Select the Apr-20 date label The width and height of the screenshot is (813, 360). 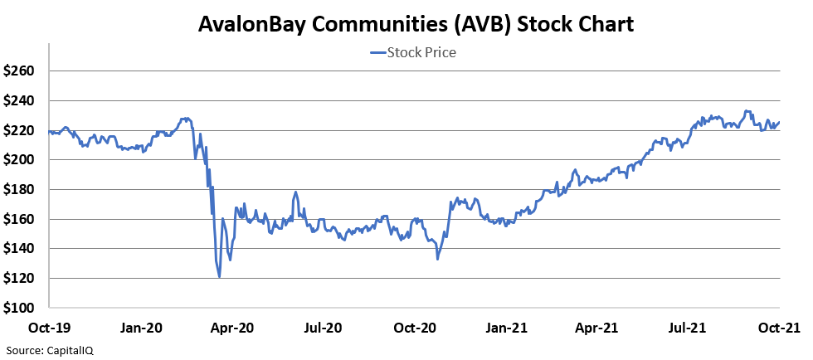click(233, 328)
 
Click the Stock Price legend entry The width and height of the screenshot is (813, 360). click(412, 53)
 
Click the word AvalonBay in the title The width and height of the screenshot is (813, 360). click(248, 24)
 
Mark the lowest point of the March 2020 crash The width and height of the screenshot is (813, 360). click(219, 277)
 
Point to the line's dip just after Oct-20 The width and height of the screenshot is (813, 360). click(437, 259)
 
